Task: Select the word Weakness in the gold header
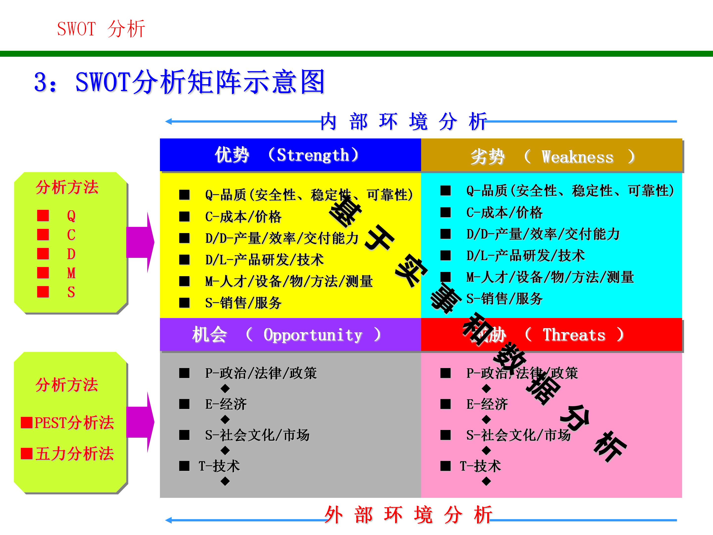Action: tap(577, 157)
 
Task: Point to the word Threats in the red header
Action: tap(574, 335)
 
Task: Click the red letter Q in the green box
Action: tap(71, 215)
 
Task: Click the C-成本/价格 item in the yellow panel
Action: tap(243, 217)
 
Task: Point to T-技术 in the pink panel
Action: tap(480, 466)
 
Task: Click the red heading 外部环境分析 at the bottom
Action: tap(408, 515)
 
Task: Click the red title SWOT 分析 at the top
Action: tap(101, 29)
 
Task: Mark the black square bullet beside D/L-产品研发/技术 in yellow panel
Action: tap(184, 260)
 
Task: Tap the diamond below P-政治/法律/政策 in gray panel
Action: tap(225, 388)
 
